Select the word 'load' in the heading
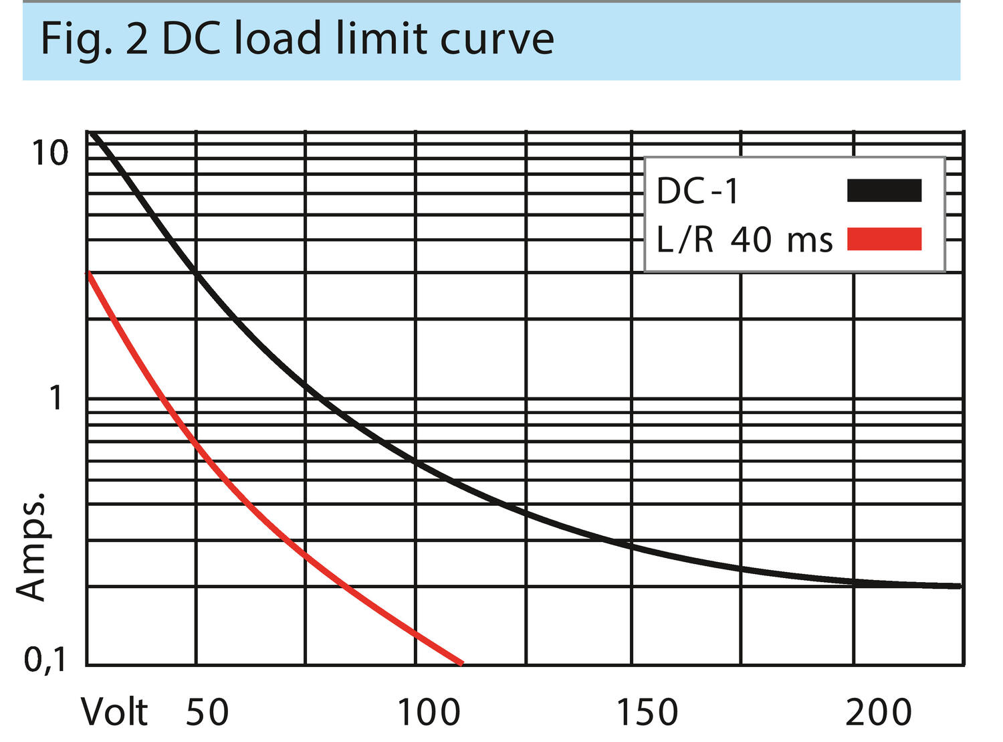(277, 39)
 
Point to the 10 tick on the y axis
(50, 153)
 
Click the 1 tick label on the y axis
(56, 398)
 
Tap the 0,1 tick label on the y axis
(45, 660)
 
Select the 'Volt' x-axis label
(114, 712)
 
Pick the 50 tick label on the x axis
(207, 712)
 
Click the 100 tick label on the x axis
(429, 712)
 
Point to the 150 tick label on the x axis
(647, 712)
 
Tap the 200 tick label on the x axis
(879, 712)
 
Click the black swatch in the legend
(884, 191)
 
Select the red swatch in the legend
(884, 240)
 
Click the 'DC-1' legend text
(697, 191)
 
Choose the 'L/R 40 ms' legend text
(744, 240)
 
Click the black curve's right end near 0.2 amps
(960, 585)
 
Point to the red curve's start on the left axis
(88, 273)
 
